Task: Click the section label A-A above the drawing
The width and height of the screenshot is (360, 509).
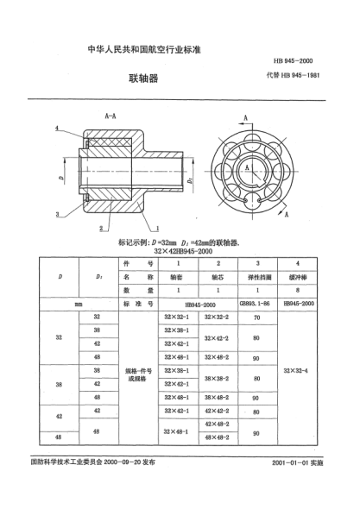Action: click(x=111, y=114)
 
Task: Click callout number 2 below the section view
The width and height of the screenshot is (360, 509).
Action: click(x=102, y=228)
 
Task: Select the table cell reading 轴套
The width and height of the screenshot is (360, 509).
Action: click(x=175, y=279)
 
